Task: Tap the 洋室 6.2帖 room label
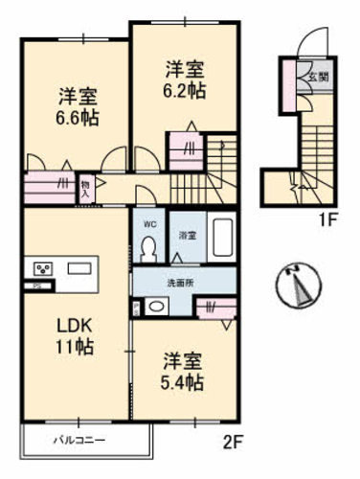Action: tap(183, 78)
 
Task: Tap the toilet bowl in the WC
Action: tap(148, 249)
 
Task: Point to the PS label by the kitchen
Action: tap(36, 285)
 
